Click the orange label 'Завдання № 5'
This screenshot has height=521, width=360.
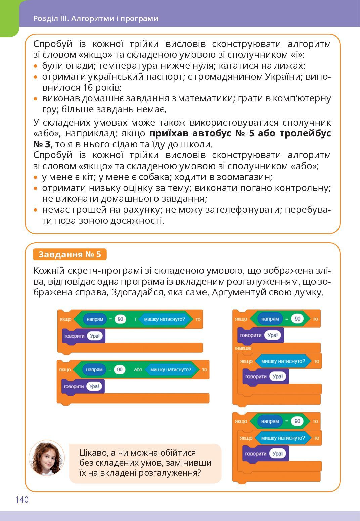[70, 254]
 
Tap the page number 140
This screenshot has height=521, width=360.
[22, 500]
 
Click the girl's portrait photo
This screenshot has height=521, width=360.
[46, 458]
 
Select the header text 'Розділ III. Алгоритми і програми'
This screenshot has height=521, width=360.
[96, 19]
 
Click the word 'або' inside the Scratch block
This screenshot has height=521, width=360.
[138, 370]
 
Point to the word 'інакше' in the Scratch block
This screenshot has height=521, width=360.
[243, 348]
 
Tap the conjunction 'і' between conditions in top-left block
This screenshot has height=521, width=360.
[135, 319]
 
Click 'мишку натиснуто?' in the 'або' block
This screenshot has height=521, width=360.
[170, 370]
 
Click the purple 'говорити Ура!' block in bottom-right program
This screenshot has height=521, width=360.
[265, 454]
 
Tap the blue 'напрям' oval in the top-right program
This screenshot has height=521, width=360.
[270, 319]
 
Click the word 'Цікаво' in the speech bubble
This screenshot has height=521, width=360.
[94, 453]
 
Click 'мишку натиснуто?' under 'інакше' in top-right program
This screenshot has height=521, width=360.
[283, 361]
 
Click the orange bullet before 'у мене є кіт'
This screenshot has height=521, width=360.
[36, 177]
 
